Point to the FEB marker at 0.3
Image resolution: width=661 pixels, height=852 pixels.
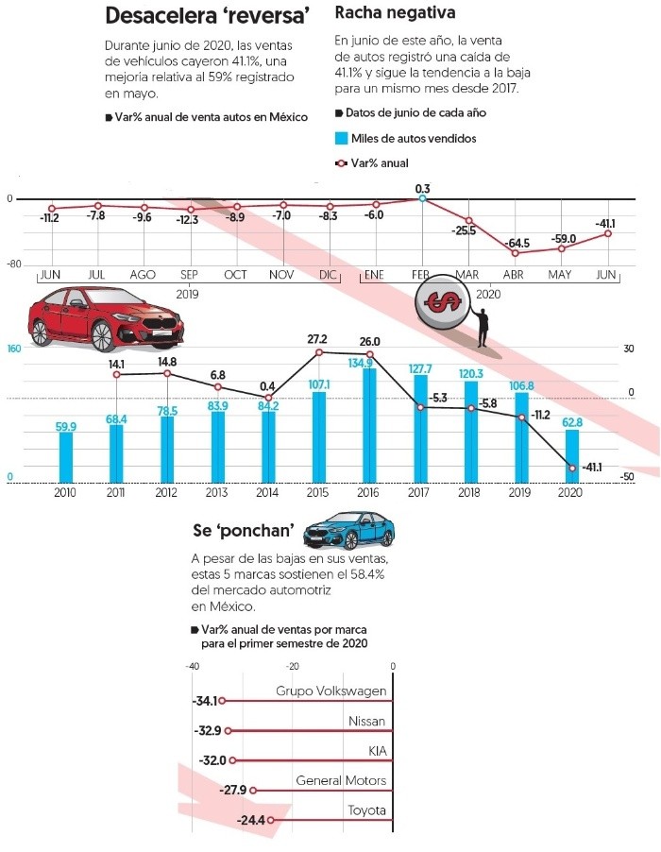(x=422, y=198)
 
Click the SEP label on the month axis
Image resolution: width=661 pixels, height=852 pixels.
(x=188, y=274)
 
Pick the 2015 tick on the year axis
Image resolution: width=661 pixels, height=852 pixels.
(x=318, y=492)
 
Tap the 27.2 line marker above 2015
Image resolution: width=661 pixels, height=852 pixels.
(x=319, y=352)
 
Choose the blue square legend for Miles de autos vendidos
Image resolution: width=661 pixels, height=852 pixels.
(x=342, y=138)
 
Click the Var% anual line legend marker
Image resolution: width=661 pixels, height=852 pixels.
(x=342, y=162)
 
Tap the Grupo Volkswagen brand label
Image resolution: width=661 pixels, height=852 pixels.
(x=330, y=691)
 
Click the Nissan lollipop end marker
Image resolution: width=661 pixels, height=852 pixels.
(x=229, y=731)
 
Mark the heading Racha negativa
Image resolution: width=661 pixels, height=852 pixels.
(x=396, y=14)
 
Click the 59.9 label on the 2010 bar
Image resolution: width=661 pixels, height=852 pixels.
(x=66, y=427)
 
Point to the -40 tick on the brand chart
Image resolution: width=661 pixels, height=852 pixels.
(x=192, y=667)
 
